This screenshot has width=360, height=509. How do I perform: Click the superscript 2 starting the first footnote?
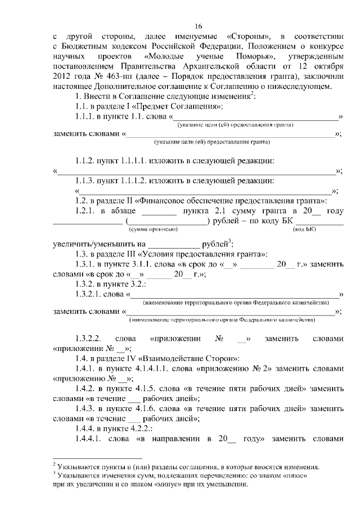55,465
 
